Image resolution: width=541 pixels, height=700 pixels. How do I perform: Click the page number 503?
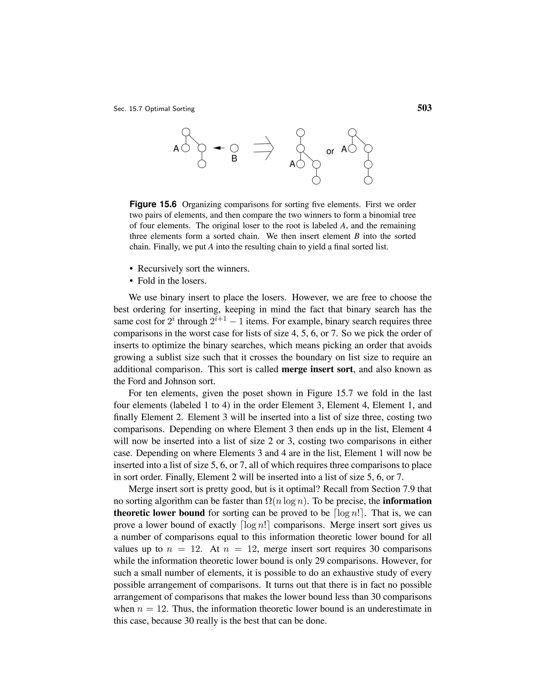(424, 108)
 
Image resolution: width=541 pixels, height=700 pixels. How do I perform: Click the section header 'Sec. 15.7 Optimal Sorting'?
(154, 109)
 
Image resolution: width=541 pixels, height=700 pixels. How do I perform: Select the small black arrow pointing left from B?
(219, 148)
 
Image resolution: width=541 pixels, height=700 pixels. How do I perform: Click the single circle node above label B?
(234, 148)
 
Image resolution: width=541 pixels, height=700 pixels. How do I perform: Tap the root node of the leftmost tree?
(186, 132)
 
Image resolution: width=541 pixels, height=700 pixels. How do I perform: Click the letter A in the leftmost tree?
(176, 149)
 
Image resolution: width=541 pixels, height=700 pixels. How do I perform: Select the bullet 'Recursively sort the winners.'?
(193, 269)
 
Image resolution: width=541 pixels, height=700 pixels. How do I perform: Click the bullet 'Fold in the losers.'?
(172, 281)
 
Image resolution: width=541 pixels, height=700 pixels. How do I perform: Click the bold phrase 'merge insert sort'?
(317, 369)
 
